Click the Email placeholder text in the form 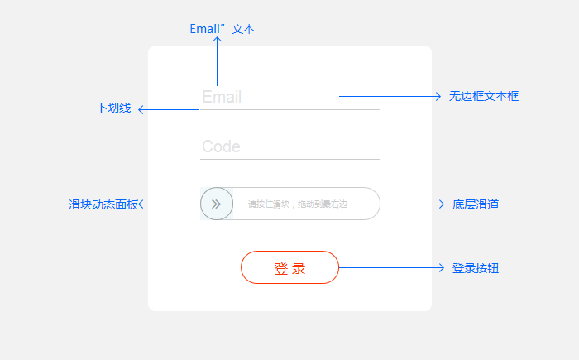[222, 98]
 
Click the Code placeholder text [221, 147]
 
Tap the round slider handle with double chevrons [216, 204]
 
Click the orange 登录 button [289, 268]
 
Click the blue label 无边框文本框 [484, 97]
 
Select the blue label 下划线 [113, 108]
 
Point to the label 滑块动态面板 [103, 204]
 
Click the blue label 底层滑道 [476, 204]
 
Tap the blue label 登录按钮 [476, 269]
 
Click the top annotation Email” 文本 [222, 29]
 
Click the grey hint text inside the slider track [298, 204]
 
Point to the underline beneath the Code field [290, 158]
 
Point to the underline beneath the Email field [290, 109]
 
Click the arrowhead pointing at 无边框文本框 [438, 97]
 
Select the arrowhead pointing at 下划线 [141, 109]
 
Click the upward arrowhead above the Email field [218, 41]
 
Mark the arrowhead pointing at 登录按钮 [443, 268]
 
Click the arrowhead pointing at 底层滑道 [442, 204]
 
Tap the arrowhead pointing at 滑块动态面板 [141, 204]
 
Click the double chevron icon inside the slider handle [216, 204]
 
